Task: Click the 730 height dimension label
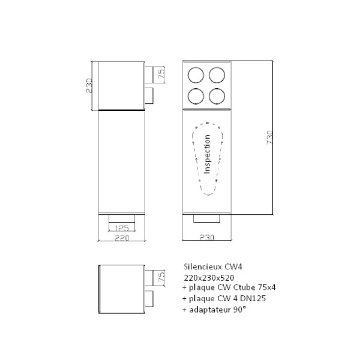(270, 137)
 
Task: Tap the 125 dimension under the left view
(122, 228)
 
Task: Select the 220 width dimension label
(122, 238)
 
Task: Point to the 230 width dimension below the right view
(206, 237)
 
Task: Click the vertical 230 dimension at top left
(89, 86)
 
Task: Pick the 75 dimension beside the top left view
(161, 73)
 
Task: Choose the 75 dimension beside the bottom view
(161, 277)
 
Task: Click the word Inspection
(207, 154)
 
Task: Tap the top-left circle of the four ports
(196, 75)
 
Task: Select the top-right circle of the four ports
(217, 75)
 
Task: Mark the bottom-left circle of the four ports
(196, 96)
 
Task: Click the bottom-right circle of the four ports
(217, 96)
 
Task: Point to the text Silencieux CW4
(213, 267)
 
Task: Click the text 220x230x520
(209, 278)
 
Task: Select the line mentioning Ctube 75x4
(229, 287)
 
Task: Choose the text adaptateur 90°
(214, 310)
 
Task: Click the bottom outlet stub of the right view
(206, 218)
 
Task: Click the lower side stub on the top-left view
(149, 95)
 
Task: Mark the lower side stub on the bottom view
(149, 299)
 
